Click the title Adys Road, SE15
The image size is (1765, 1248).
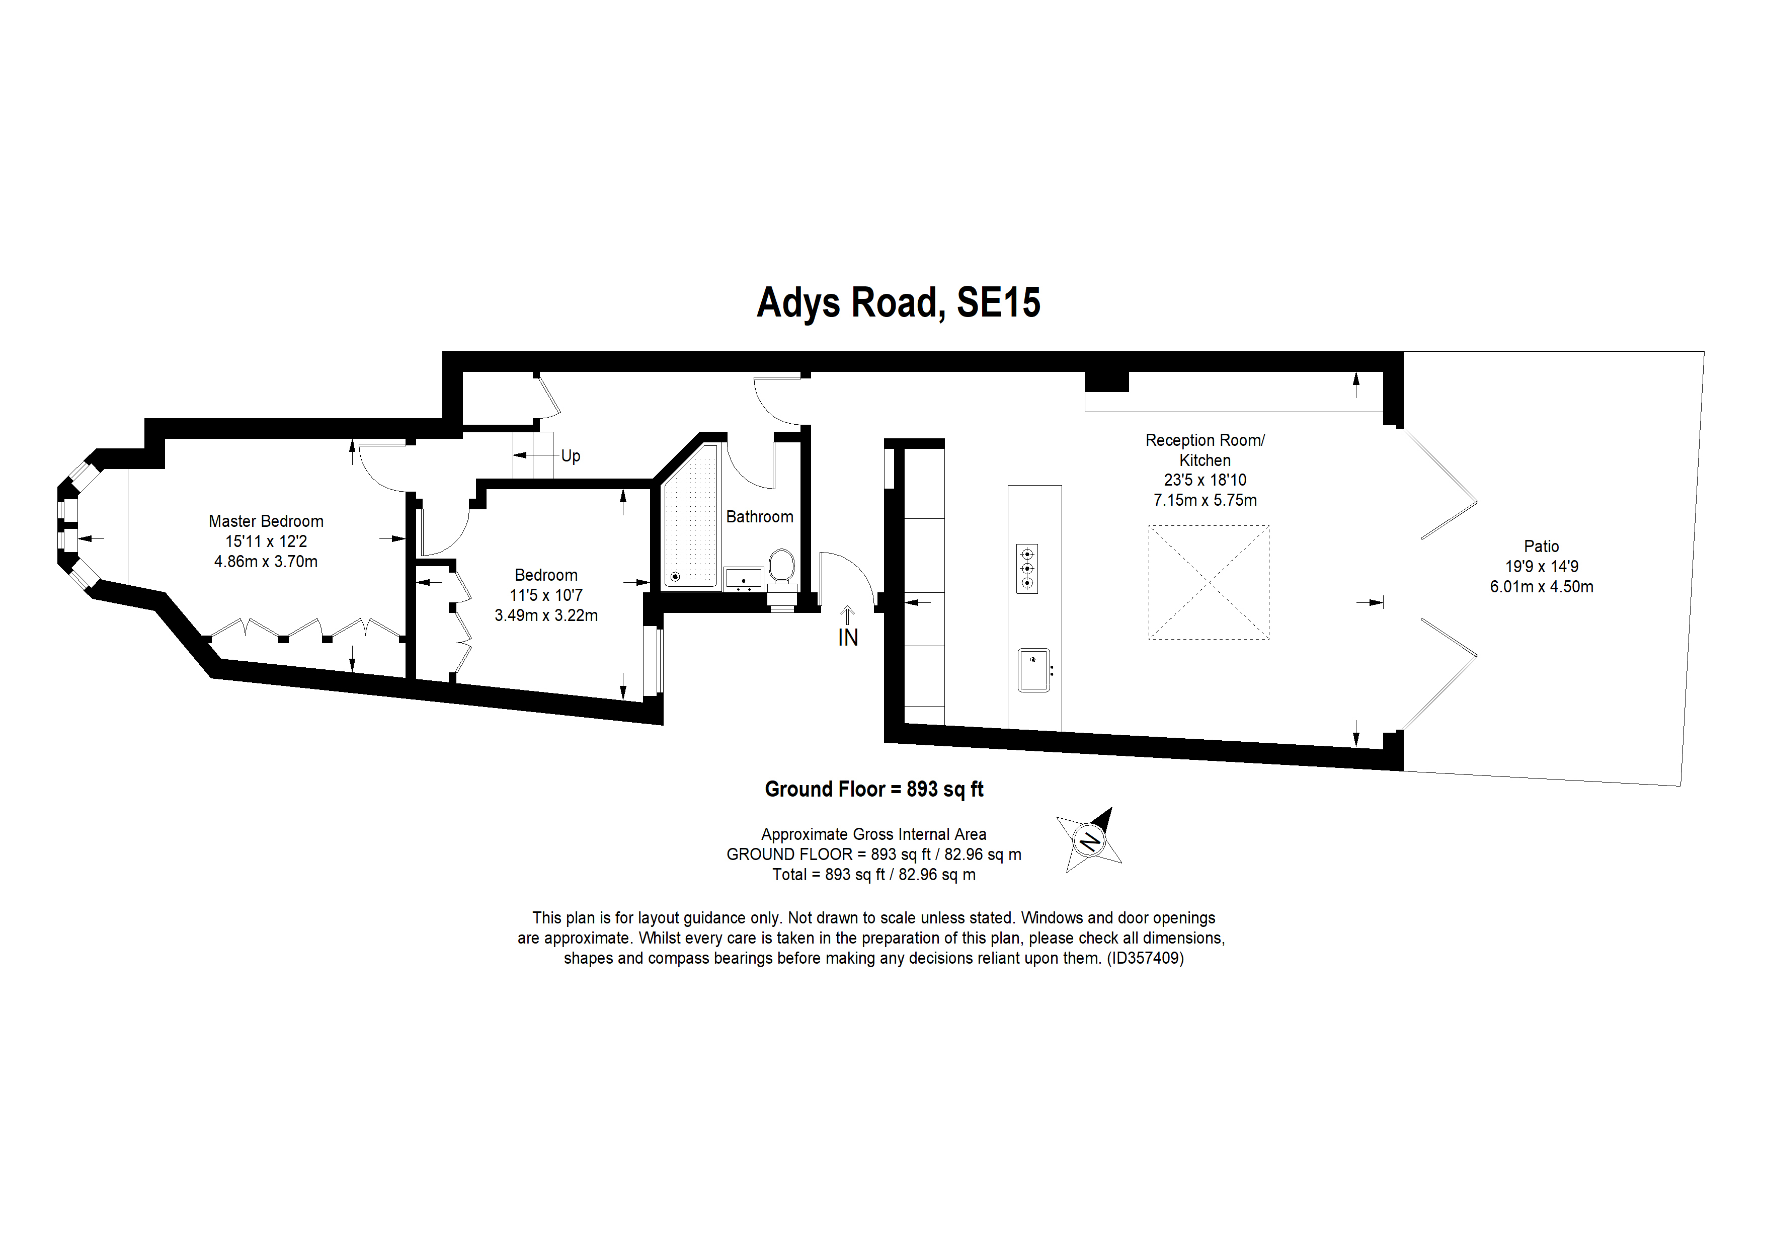[899, 303]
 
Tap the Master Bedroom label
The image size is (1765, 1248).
[266, 521]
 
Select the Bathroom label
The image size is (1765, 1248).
[760, 517]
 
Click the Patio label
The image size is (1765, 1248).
[1541, 547]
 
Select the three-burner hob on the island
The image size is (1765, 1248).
[1027, 568]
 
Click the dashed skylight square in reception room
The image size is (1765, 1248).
[1209, 582]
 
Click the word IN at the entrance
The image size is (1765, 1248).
[848, 638]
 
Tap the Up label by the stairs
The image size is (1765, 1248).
[571, 456]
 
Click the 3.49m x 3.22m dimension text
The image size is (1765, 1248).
[546, 615]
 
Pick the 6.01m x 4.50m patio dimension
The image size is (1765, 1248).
[1541, 587]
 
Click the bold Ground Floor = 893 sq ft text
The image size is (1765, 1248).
[874, 790]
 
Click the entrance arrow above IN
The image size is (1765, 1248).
[847, 615]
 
